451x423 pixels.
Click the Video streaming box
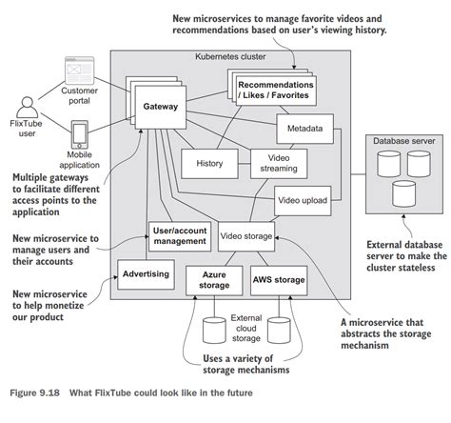click(x=278, y=164)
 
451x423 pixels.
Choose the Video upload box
click(x=303, y=200)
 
